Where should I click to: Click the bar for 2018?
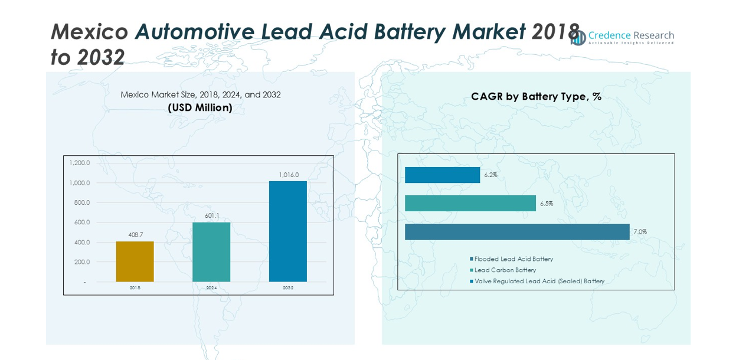click(x=135, y=261)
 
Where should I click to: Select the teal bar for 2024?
click(x=211, y=252)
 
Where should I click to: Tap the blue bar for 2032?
click(x=287, y=231)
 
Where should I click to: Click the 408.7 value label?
click(x=136, y=235)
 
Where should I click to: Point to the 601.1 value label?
click(x=212, y=216)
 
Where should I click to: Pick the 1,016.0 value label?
click(x=289, y=175)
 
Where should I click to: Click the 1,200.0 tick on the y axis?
click(x=80, y=163)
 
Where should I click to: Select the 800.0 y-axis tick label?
click(x=81, y=202)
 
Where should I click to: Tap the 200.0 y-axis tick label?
click(x=81, y=262)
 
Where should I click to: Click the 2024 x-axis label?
click(x=211, y=288)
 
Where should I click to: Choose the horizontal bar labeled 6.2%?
click(x=442, y=175)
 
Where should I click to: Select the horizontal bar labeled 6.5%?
click(x=470, y=204)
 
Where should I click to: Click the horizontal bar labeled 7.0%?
click(x=517, y=232)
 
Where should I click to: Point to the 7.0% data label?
click(x=640, y=232)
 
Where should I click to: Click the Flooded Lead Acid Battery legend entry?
click(x=513, y=259)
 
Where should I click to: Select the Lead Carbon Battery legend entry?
click(x=505, y=270)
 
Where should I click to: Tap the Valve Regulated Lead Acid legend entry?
click(x=539, y=282)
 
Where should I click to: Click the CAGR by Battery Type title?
click(x=536, y=97)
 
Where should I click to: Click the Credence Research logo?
click(x=623, y=37)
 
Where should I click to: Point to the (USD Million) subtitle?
click(x=200, y=108)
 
